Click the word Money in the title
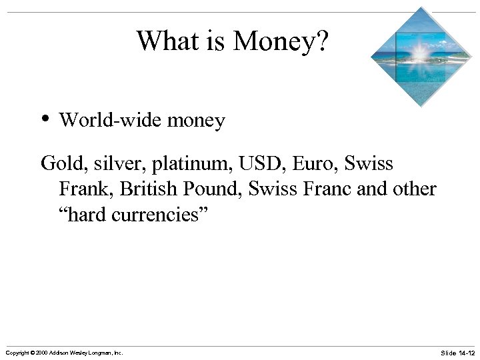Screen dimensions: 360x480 (280, 41)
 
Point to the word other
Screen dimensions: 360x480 (415, 189)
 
